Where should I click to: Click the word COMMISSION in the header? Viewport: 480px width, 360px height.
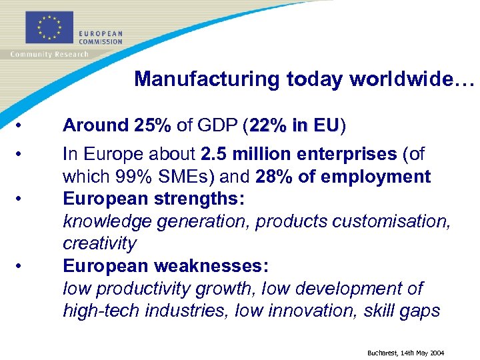pyautogui.click(x=101, y=41)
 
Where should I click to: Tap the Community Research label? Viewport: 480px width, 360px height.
pyautogui.click(x=49, y=55)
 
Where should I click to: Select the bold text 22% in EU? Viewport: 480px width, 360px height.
pyautogui.click(x=293, y=125)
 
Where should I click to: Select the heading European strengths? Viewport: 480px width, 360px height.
pyautogui.click(x=153, y=199)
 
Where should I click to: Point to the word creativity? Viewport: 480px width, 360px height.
pyautogui.click(x=99, y=243)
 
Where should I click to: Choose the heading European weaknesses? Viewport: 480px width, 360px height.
pyautogui.click(x=165, y=266)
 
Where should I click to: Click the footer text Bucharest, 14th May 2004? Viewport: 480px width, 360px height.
pyautogui.click(x=405, y=352)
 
